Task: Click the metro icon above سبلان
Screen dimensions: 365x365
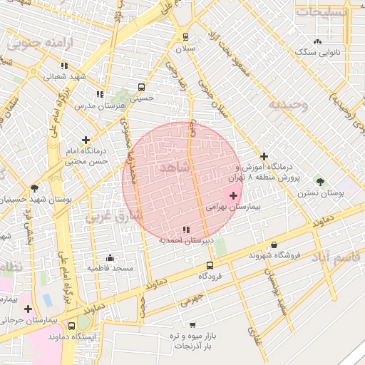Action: pos(186,37)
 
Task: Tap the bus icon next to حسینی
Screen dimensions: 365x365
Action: pos(141,87)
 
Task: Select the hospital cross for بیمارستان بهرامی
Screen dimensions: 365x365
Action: pos(233,195)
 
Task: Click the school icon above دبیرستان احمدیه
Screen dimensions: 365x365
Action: pos(186,230)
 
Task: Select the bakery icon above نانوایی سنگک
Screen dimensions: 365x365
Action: pos(317,42)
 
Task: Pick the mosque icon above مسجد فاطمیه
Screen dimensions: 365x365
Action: pos(110,258)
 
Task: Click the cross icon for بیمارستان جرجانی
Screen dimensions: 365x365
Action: pos(28,309)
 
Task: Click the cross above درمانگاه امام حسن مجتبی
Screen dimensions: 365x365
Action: pos(86,140)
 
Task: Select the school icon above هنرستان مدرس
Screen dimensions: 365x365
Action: pos(100,94)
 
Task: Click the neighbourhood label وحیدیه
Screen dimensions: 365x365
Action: pos(288,106)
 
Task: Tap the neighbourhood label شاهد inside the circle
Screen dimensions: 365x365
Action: pos(174,167)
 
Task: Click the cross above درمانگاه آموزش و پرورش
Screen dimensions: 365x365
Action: pos(264,156)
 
